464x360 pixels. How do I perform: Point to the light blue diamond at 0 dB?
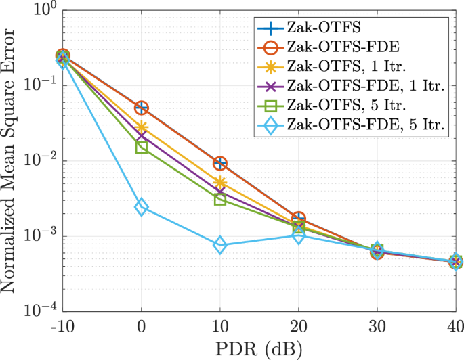pyautogui.click(x=142, y=207)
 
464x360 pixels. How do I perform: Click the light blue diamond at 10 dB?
pyautogui.click(x=220, y=246)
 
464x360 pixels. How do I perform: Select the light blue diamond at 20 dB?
pyautogui.click(x=299, y=235)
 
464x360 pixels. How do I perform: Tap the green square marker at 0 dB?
pyautogui.click(x=142, y=147)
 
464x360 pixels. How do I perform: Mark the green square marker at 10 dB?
pyautogui.click(x=220, y=199)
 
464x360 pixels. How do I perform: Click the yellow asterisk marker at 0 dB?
pyautogui.click(x=142, y=127)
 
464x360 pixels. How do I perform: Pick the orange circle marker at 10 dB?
pyautogui.click(x=220, y=163)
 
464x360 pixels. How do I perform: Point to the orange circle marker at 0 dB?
pyautogui.click(x=142, y=108)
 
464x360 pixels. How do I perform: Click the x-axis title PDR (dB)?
pyautogui.click(x=259, y=348)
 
